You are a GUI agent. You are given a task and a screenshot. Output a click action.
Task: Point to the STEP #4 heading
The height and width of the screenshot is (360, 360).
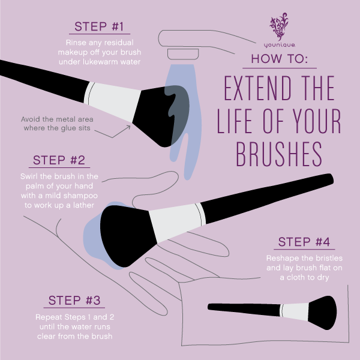[x=304, y=242]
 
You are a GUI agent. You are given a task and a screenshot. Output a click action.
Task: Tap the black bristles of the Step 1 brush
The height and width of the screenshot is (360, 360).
[x=165, y=114]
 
